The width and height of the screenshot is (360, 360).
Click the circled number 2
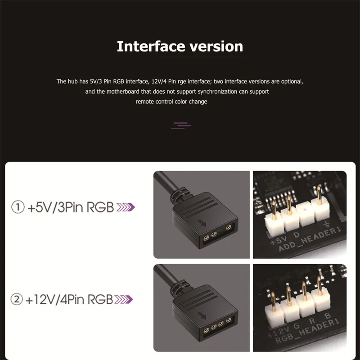[17, 299]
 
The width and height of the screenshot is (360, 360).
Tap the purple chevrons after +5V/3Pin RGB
[126, 207]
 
